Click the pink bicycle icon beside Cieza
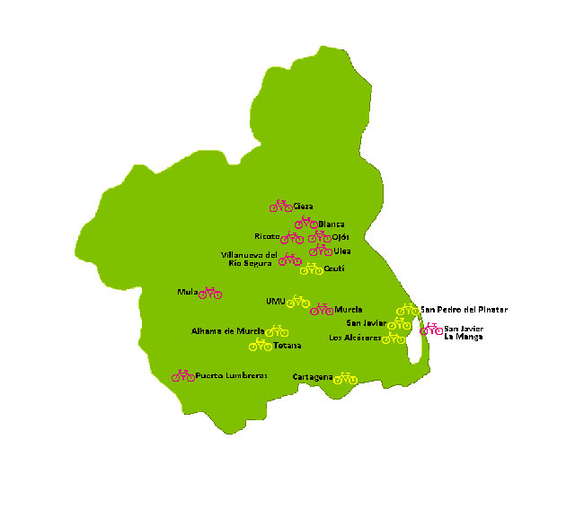[x=280, y=206]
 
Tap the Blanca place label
[x=332, y=224]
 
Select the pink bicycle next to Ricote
[x=291, y=238]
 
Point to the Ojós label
[x=341, y=238]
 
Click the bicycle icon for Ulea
[x=320, y=251]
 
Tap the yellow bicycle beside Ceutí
[x=311, y=268]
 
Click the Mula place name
[x=187, y=293]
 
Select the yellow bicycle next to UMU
[x=298, y=302]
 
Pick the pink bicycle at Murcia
[x=322, y=310]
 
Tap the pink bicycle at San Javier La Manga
[x=431, y=330]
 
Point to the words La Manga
[x=464, y=338]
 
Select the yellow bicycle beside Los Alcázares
[x=394, y=339]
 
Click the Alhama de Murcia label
[x=227, y=331]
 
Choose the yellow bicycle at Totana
[x=260, y=345]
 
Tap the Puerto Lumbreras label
[x=232, y=376]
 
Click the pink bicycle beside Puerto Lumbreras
[x=183, y=376]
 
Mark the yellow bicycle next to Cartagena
[x=345, y=378]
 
